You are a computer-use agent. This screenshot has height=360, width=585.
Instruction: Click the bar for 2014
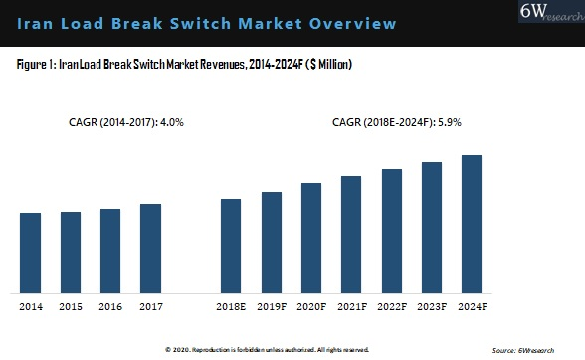click(31, 253)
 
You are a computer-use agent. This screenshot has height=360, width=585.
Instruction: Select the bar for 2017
click(150, 249)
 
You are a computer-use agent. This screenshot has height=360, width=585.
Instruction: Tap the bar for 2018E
click(231, 246)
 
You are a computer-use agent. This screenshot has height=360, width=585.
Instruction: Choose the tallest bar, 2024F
click(472, 224)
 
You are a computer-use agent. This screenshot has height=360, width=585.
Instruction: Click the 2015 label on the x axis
click(71, 306)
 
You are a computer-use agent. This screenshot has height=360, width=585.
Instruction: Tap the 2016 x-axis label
click(110, 306)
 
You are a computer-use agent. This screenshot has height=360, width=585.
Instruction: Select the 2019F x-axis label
click(272, 306)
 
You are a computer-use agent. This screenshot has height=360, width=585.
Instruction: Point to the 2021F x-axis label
click(351, 306)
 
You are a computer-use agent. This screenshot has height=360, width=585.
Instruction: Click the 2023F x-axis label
click(432, 306)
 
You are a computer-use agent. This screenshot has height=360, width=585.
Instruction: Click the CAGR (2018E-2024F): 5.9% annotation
click(397, 123)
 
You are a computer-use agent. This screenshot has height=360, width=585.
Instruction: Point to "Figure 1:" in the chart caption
click(37, 65)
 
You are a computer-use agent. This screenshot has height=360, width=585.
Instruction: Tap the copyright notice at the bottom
click(267, 350)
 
